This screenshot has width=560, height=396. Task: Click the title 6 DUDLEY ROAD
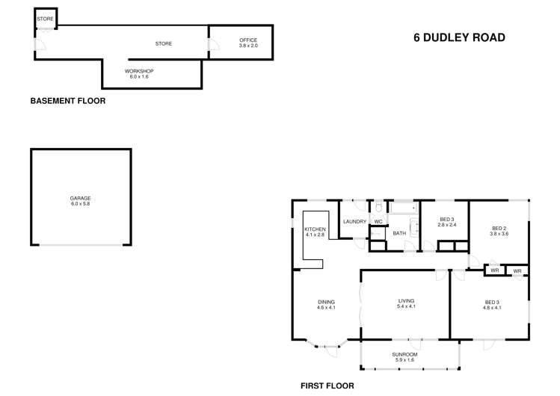pyautogui.click(x=459, y=37)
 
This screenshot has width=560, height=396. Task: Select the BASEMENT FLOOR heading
pyautogui.click(x=67, y=101)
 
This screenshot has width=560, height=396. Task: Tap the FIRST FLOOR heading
pyautogui.click(x=327, y=386)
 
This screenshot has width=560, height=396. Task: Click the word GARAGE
pyautogui.click(x=81, y=198)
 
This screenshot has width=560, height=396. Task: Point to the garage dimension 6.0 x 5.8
pyautogui.click(x=81, y=204)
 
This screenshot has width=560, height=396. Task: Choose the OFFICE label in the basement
pyautogui.click(x=248, y=40)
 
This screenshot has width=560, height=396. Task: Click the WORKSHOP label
pyautogui.click(x=139, y=71)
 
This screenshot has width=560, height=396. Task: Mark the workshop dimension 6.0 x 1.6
pyautogui.click(x=139, y=77)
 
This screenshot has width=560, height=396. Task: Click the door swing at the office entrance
pyautogui.click(x=213, y=46)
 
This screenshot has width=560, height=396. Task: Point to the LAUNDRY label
pyautogui.click(x=354, y=222)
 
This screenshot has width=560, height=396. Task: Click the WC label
pyautogui.click(x=378, y=222)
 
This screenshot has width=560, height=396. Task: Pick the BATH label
pyautogui.click(x=399, y=233)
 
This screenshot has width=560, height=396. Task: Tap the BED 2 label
pyautogui.click(x=499, y=228)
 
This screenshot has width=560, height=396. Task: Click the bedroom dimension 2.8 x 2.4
pyautogui.click(x=447, y=225)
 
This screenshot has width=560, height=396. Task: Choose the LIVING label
pyautogui.click(x=407, y=301)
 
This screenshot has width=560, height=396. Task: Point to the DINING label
pyautogui.click(x=326, y=302)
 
